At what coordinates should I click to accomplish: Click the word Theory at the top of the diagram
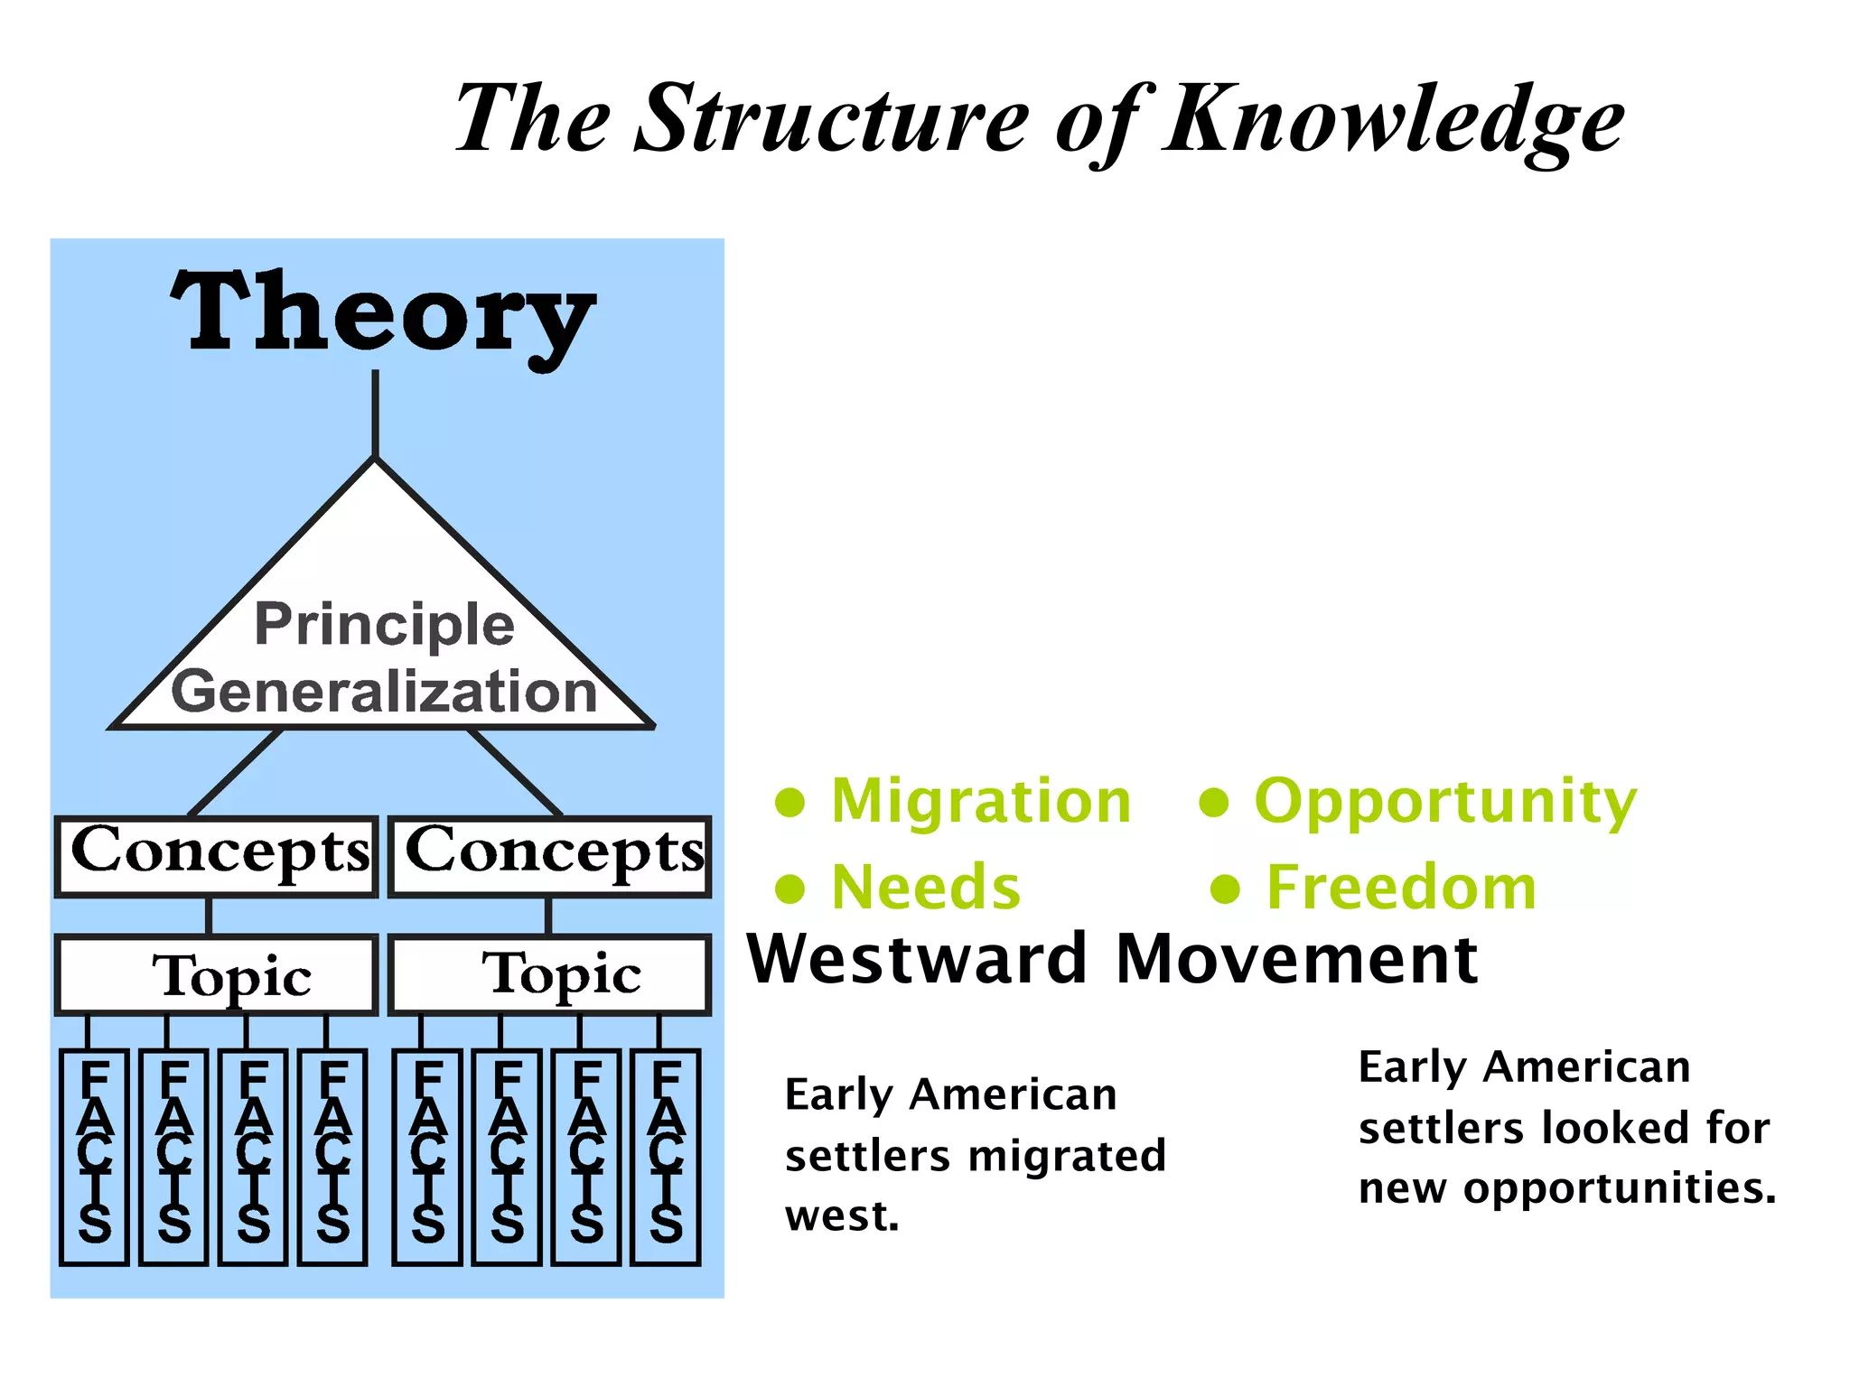click(x=383, y=314)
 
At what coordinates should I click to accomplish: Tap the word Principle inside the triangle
click(x=385, y=624)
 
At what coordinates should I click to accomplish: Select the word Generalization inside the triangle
click(x=385, y=692)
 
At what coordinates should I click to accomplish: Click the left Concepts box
click(x=216, y=856)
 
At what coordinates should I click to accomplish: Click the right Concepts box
click(x=550, y=856)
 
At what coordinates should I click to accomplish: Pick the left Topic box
click(x=216, y=975)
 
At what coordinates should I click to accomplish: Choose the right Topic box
click(x=550, y=975)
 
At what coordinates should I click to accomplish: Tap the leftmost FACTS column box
click(x=94, y=1157)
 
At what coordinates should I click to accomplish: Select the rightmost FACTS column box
click(x=666, y=1157)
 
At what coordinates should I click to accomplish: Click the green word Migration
click(x=981, y=801)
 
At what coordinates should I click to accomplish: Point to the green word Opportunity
click(x=1445, y=801)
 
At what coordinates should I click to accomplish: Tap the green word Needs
click(x=926, y=888)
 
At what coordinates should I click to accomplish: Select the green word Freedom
click(x=1401, y=888)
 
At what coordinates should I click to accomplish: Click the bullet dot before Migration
click(x=790, y=802)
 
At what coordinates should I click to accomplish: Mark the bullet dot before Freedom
click(x=1226, y=889)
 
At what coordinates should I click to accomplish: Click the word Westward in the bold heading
click(x=918, y=959)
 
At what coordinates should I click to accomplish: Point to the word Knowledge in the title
click(x=1395, y=120)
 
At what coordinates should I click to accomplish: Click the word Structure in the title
click(x=832, y=118)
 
